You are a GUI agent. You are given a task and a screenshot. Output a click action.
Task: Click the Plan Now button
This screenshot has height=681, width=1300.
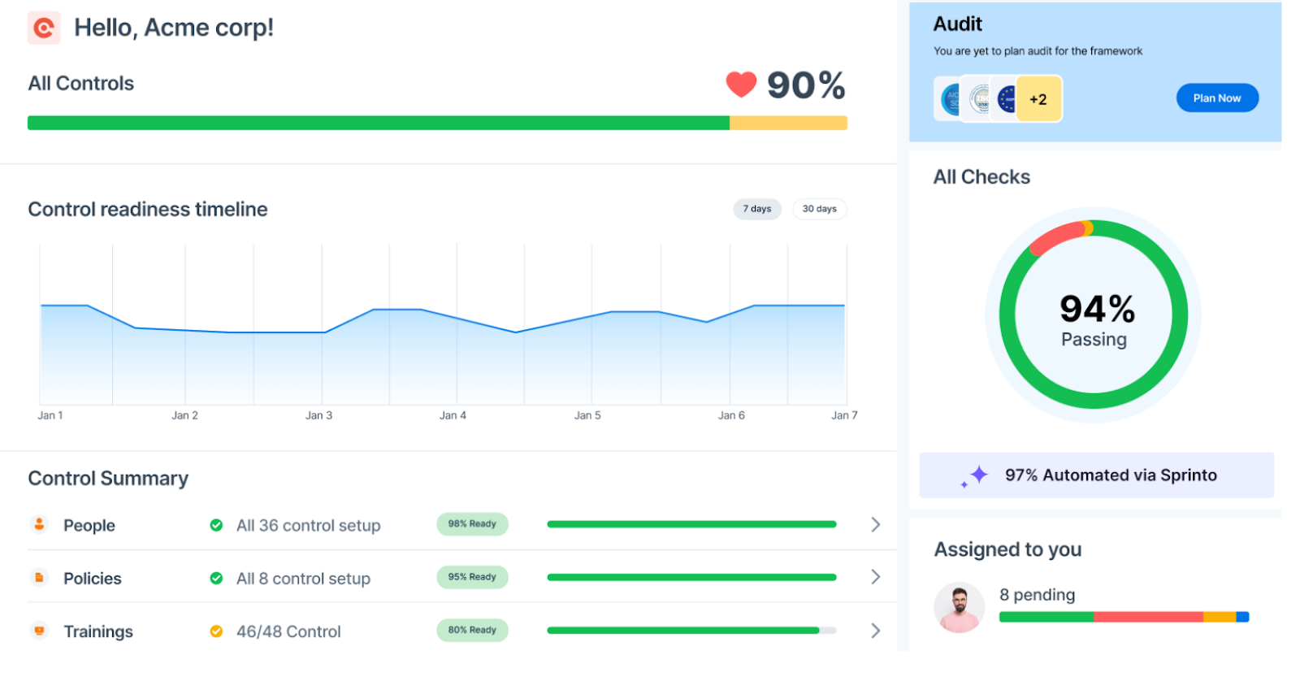(1216, 98)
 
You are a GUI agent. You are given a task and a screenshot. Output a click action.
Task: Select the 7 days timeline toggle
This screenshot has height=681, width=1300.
(756, 209)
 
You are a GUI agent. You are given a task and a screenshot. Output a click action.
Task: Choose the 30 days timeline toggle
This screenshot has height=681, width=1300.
(819, 209)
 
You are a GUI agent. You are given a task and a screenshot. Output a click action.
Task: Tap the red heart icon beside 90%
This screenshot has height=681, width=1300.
(741, 84)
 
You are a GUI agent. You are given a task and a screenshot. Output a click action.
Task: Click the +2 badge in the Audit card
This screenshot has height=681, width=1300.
(1038, 99)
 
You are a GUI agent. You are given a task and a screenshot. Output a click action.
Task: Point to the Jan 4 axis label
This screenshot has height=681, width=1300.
(453, 415)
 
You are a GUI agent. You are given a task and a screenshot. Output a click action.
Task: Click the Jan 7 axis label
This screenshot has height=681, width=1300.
(844, 415)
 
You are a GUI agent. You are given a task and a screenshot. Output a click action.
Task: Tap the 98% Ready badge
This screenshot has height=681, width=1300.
(472, 524)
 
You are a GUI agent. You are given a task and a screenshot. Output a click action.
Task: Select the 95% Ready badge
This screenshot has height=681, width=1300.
(472, 577)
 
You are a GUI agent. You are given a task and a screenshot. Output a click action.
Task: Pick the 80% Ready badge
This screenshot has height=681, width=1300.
(472, 630)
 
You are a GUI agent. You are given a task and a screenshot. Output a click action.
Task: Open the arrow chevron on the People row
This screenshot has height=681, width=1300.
(875, 524)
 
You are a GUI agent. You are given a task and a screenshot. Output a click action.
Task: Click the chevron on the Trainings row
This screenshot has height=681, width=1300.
(875, 631)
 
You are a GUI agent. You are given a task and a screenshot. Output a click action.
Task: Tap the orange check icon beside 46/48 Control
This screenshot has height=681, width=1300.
(216, 631)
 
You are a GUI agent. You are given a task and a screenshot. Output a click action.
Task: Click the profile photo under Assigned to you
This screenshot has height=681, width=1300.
(959, 608)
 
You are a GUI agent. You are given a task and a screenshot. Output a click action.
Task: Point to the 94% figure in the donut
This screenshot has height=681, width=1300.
(1097, 309)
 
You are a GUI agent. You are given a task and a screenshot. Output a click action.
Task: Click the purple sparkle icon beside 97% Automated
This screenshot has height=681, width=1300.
(977, 475)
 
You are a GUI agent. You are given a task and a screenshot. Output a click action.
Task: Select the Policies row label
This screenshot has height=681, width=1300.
(93, 579)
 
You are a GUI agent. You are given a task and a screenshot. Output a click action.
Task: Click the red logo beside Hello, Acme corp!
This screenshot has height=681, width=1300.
(44, 28)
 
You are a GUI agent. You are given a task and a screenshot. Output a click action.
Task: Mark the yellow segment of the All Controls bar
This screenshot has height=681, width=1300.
(788, 123)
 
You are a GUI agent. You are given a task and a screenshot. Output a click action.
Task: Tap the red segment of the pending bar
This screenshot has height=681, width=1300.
(1147, 617)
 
